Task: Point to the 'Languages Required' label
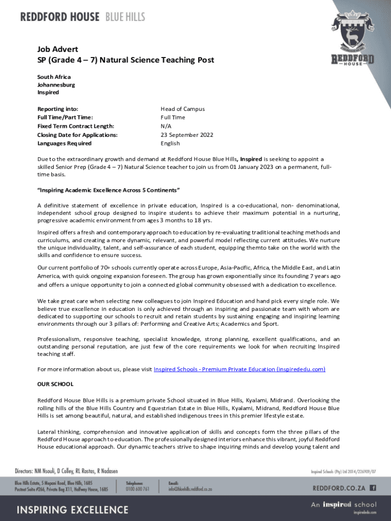pyautogui.click(x=64, y=143)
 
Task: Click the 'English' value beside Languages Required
pyautogui.click(x=170, y=143)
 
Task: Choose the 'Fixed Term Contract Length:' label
pyautogui.click(x=76, y=126)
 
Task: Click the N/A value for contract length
pyautogui.click(x=166, y=126)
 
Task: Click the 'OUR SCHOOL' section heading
pyautogui.click(x=55, y=384)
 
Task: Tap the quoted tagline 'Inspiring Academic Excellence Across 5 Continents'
pyautogui.click(x=109, y=190)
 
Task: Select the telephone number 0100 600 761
pyautogui.click(x=138, y=489)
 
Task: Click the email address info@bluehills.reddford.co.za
pyautogui.click(x=190, y=489)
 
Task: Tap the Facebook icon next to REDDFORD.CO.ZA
pyautogui.click(x=373, y=487)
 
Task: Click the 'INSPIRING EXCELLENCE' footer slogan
pyautogui.click(x=74, y=509)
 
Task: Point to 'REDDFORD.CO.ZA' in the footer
pyautogui.click(x=339, y=487)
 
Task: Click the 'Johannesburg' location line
pyautogui.click(x=56, y=85)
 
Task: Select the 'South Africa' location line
pyautogui.click(x=54, y=77)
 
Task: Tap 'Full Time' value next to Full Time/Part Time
pyautogui.click(x=173, y=118)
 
